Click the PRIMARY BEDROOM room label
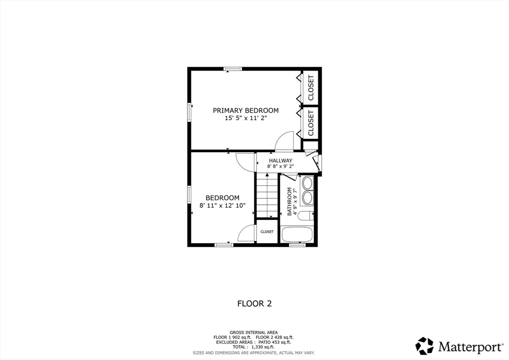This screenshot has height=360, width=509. (246, 110)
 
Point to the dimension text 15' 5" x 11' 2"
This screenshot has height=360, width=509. (246, 118)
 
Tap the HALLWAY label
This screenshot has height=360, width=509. (280, 161)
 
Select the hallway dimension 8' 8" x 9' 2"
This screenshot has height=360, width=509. (280, 167)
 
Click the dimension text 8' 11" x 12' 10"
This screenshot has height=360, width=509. (223, 206)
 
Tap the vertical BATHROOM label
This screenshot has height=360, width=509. (289, 201)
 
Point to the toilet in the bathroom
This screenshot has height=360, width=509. (307, 215)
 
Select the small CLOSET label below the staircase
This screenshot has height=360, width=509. (267, 232)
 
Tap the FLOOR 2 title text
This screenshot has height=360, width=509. (254, 303)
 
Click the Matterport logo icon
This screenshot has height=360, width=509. (424, 345)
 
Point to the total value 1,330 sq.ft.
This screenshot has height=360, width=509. (266, 347)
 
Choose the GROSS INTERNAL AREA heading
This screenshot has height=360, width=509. (254, 332)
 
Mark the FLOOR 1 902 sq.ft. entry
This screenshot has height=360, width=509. (231, 337)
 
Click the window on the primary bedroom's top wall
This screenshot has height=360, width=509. (233, 69)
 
